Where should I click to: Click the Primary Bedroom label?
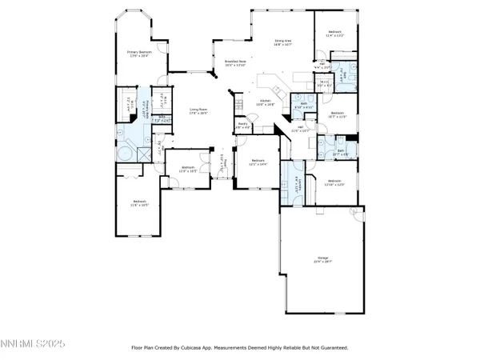(x=139, y=54)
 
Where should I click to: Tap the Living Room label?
(x=198, y=111)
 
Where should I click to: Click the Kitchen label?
(x=265, y=102)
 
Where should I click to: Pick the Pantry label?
(x=244, y=126)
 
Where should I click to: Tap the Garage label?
(x=323, y=259)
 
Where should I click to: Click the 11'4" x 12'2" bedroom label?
(x=335, y=34)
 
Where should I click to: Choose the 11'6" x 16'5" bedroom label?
(x=139, y=202)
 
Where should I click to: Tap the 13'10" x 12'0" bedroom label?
(x=336, y=182)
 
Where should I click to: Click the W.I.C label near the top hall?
(x=326, y=83)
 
